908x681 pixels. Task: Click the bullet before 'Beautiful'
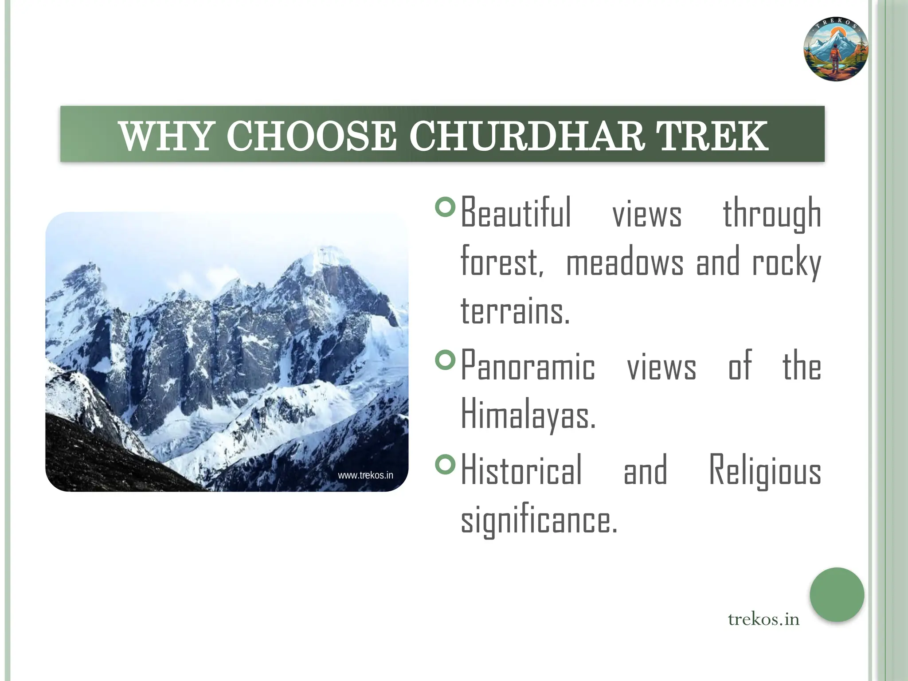[x=445, y=207]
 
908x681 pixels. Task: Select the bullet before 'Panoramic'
[x=445, y=360]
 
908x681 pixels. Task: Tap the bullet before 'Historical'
[x=445, y=464]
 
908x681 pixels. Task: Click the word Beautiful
[x=516, y=213]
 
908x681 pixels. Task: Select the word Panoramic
[x=528, y=366]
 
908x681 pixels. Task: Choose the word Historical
[x=521, y=470]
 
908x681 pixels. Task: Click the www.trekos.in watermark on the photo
[x=365, y=475]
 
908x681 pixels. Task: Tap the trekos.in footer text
[x=763, y=619]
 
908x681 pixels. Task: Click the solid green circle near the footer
[x=837, y=594]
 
